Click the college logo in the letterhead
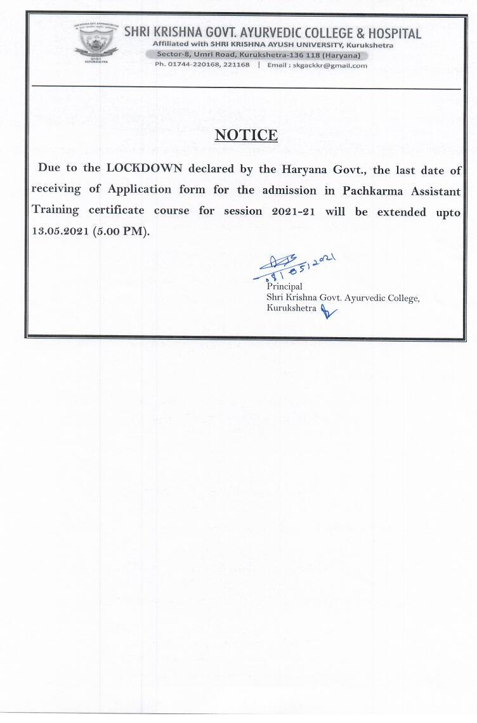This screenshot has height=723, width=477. (96, 44)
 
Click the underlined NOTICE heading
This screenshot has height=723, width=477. (246, 135)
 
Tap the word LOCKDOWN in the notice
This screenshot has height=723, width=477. (145, 169)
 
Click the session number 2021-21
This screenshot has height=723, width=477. (268, 211)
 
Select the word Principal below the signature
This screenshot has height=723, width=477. (284, 287)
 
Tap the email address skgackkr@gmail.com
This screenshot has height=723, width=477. (334, 65)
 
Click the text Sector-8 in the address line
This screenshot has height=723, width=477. (171, 55)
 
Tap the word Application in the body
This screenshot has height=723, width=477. (140, 189)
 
